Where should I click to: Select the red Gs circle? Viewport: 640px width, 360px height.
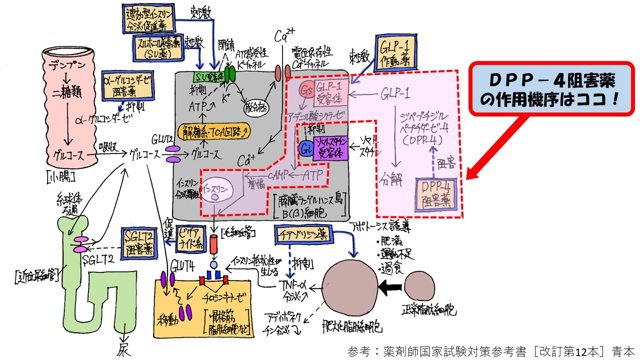point(306,89)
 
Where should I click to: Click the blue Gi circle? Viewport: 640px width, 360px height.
point(306,148)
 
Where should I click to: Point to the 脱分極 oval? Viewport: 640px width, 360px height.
point(256,106)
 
